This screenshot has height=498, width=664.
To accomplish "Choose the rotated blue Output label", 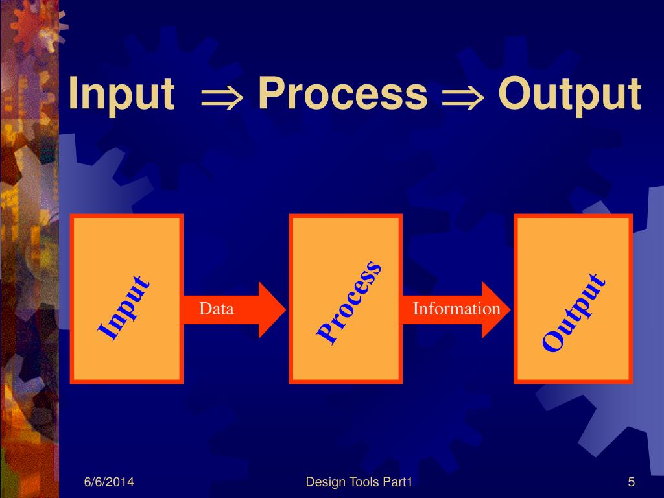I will pos(574,313).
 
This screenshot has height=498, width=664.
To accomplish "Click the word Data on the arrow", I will pos(216,309).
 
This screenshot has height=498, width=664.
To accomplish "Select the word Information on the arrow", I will pos(456,309).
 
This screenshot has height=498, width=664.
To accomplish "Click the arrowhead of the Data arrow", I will pos(272,309).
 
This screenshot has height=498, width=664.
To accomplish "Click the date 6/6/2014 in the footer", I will pos(113,482).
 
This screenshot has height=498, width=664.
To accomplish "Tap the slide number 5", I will pos(631,482).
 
